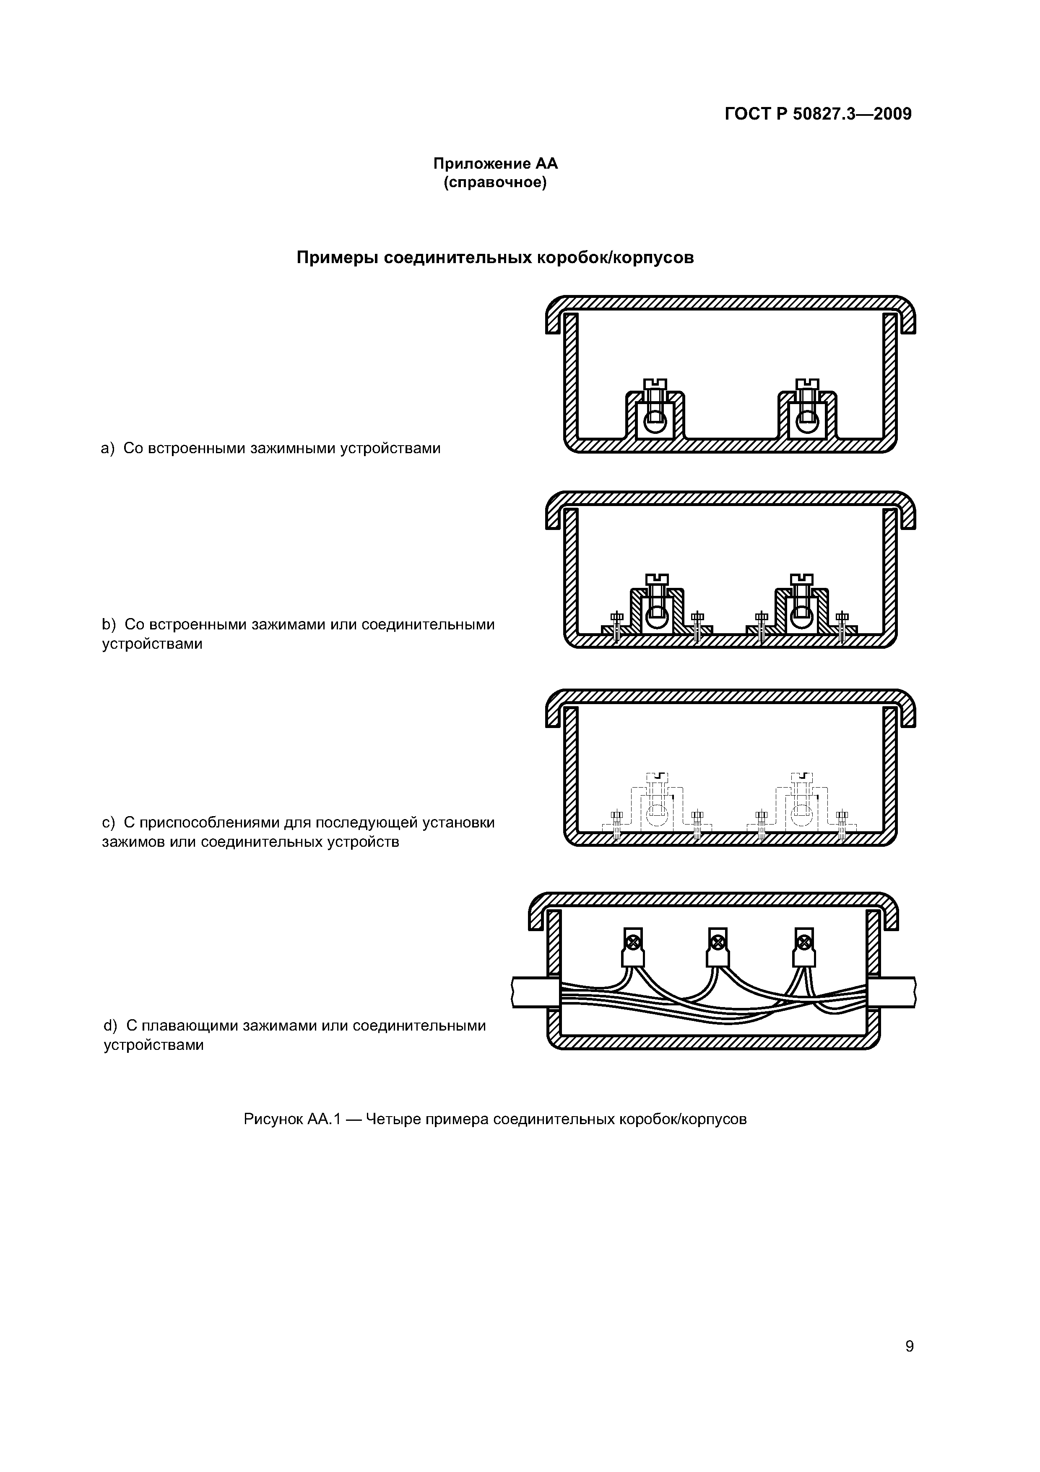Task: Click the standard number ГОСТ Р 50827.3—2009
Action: (818, 114)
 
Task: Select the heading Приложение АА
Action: (495, 164)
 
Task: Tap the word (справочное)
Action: (495, 183)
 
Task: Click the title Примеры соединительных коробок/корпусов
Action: (495, 258)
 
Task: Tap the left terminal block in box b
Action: (656, 612)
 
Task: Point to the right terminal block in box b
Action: (801, 612)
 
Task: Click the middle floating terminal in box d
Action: (718, 948)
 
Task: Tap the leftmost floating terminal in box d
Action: (633, 948)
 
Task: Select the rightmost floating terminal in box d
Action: (803, 948)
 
